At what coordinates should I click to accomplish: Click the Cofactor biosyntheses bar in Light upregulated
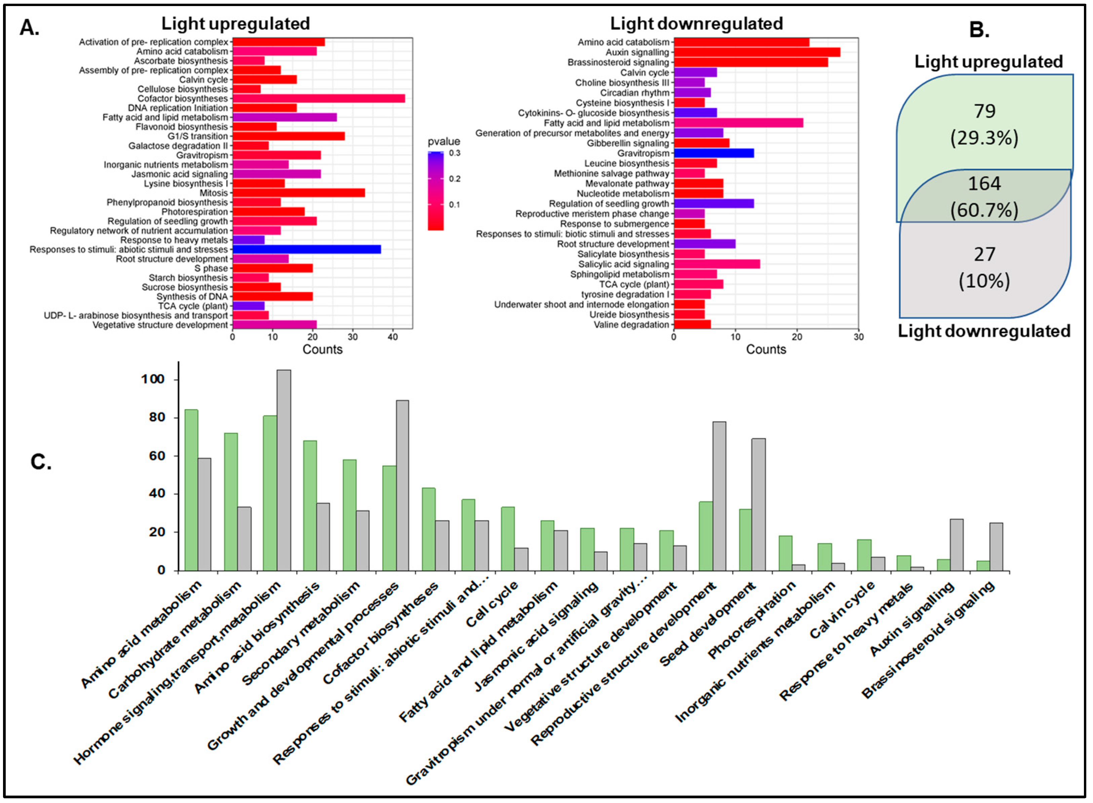click(318, 99)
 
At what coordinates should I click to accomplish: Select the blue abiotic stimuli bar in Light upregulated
click(306, 249)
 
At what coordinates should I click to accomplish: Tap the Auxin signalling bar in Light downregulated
click(756, 52)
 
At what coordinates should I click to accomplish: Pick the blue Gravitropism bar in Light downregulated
click(714, 153)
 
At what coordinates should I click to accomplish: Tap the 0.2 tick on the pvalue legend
click(454, 179)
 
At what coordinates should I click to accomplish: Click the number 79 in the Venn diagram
click(984, 111)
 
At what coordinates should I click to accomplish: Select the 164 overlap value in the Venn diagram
click(984, 184)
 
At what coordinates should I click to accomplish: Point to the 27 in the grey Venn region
click(984, 254)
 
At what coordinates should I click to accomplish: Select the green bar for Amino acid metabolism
click(191, 490)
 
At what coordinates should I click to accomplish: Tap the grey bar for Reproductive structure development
click(719, 496)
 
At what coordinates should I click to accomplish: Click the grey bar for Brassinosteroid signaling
click(996, 546)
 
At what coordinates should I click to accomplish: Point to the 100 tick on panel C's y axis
click(153, 379)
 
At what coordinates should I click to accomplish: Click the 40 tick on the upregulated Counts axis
click(393, 337)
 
